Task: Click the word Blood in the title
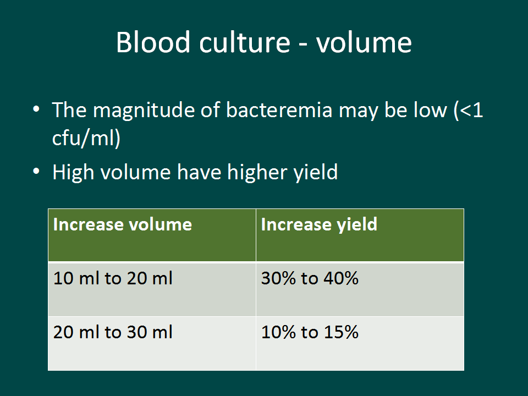[153, 42]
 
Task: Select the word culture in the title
[245, 42]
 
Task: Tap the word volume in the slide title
[364, 42]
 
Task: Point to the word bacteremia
[279, 110]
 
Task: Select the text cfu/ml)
[86, 138]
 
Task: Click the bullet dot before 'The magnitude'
[36, 109]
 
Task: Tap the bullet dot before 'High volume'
[36, 172]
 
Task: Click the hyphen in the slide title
[303, 44]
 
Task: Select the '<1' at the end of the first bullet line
[471, 110]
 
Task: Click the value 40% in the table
[341, 278]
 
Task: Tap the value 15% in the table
[341, 332]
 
